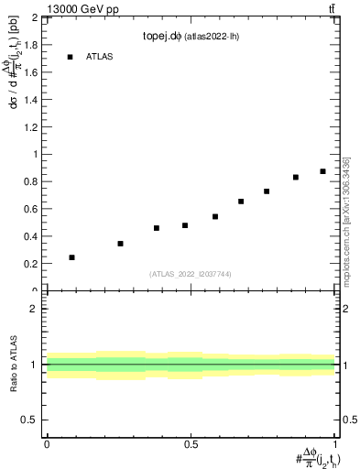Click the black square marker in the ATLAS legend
tap(70, 57)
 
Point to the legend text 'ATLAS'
tap(100, 57)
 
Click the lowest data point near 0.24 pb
tap(72, 257)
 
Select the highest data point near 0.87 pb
tap(322, 171)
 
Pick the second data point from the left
tap(120, 244)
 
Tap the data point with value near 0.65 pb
tap(241, 202)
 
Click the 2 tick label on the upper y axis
tap(35, 17)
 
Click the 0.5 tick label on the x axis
tap(191, 442)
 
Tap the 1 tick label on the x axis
tap(335, 442)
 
